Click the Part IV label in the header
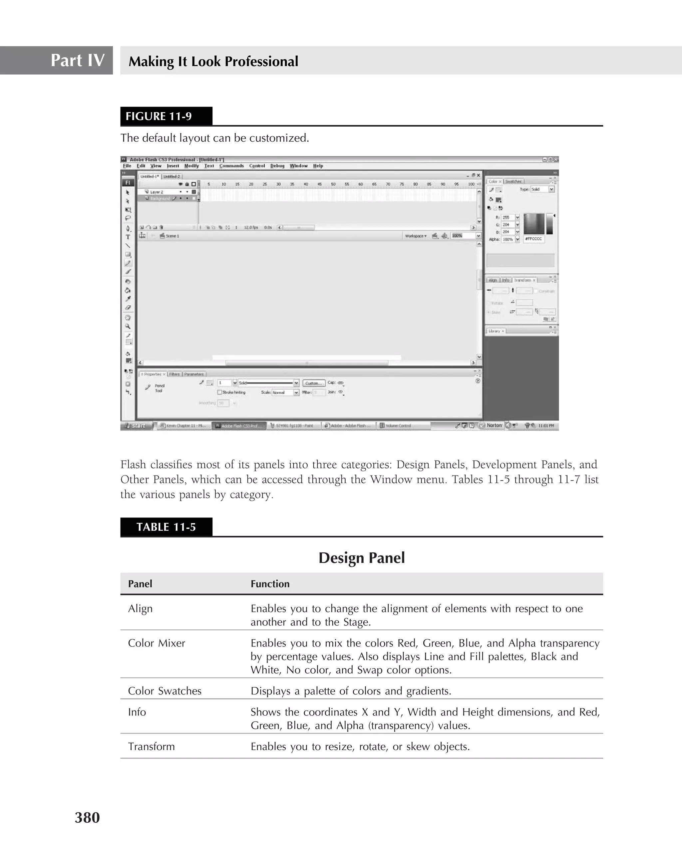pos(77,60)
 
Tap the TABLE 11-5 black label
pos(166,527)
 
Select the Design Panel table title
pos(361,557)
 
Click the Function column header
pos(270,584)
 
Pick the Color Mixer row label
pos(157,643)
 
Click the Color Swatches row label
pos(165,691)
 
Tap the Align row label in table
pos(140,608)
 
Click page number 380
pos(87,817)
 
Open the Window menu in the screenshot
pos(298,166)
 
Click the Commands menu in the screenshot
pos(231,166)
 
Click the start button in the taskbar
pos(136,426)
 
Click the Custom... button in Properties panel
pos(313,383)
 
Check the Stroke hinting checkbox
pos(219,392)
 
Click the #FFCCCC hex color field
pos(534,239)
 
